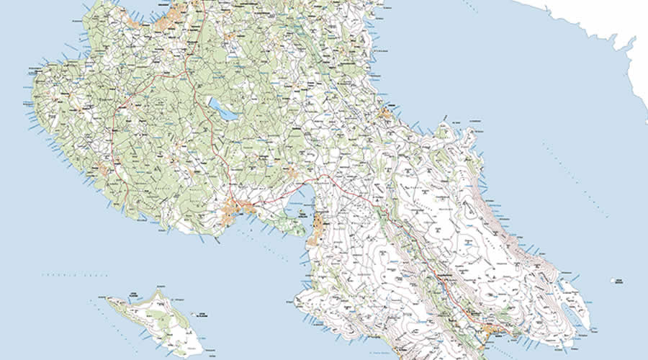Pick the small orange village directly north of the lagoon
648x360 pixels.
click(x=294, y=172)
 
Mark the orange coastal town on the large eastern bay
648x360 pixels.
click(x=386, y=113)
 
